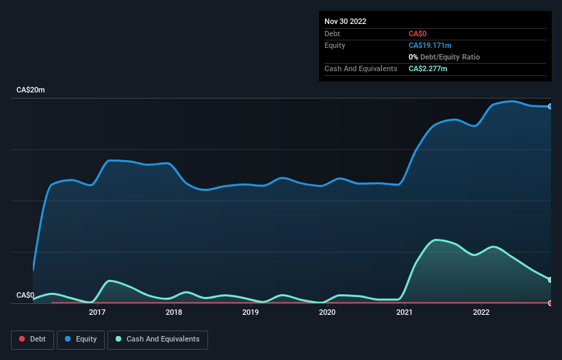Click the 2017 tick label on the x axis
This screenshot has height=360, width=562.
point(97,313)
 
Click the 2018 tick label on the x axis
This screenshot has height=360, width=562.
point(174,313)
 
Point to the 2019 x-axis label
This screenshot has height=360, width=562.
point(251,313)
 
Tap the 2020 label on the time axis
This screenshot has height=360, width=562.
point(327,313)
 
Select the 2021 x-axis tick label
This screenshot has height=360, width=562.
point(405,313)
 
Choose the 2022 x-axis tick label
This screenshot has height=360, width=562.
point(481,313)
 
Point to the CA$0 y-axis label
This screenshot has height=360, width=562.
point(25,296)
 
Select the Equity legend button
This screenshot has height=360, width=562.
point(81,339)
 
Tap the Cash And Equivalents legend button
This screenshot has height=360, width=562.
point(157,339)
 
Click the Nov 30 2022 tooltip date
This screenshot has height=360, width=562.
point(346,21)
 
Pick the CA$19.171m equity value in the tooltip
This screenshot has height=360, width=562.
point(430,45)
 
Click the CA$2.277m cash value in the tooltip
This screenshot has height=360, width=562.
point(428,68)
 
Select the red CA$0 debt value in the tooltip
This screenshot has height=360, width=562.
point(418,34)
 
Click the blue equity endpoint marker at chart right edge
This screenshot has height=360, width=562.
point(550,107)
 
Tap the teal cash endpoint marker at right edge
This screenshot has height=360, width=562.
point(550,279)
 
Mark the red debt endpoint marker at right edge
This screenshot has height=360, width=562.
point(550,303)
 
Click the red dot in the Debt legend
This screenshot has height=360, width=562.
point(23,339)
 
